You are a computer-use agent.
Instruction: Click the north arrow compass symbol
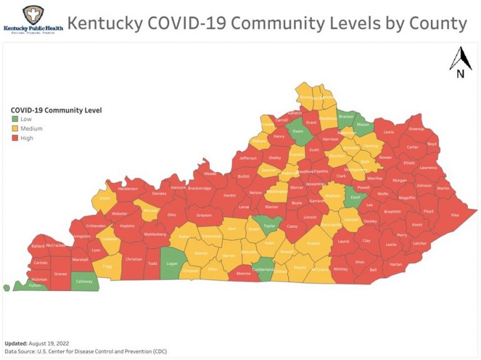click(460, 62)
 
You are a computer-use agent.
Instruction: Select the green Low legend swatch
click(15, 119)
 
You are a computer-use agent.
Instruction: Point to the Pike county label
click(455, 215)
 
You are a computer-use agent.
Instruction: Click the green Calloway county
click(85, 281)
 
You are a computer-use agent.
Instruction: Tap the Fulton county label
click(36, 285)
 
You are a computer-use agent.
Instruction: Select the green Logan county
click(171, 264)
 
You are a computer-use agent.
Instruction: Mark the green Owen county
click(298, 131)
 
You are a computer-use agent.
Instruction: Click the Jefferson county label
click(248, 158)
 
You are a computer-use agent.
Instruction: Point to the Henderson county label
click(128, 188)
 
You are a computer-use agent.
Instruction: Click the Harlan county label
click(395, 264)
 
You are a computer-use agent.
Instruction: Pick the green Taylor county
click(269, 225)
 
